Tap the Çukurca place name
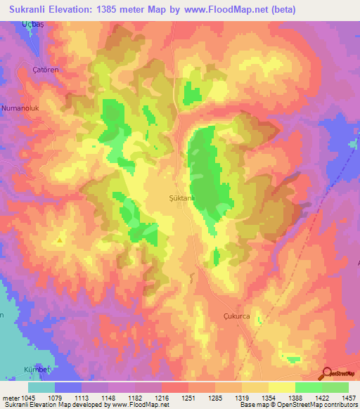coord(236,316)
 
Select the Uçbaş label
coord(32,25)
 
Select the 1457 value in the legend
coord(348,398)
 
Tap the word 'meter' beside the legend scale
coord(10,398)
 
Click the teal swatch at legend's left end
coord(41,387)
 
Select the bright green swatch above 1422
coord(309,387)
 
